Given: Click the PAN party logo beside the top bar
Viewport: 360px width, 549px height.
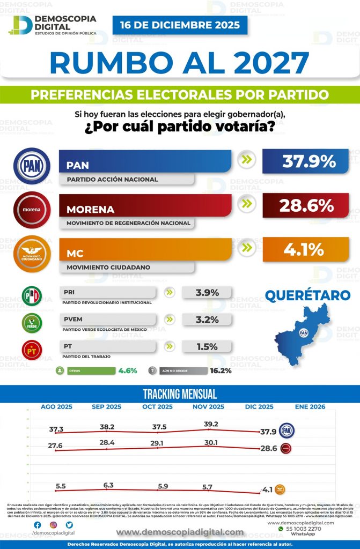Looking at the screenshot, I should coord(32,166).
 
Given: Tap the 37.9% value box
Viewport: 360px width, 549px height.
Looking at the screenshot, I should coord(305,161).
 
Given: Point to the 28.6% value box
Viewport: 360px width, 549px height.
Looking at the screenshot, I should coord(305,205).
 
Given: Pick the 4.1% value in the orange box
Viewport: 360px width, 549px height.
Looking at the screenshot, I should coord(305,249).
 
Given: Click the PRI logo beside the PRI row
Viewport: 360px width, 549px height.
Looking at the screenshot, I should coord(31,296).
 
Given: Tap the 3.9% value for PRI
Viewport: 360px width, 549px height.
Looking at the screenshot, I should coord(207,293).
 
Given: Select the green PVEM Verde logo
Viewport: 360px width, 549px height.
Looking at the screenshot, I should coord(31,323).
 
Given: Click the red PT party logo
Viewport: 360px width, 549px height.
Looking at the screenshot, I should coord(31,350).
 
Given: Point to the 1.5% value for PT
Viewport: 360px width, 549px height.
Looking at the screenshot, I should coord(207,347).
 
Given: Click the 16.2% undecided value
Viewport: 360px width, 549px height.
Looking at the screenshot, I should coord(221,370).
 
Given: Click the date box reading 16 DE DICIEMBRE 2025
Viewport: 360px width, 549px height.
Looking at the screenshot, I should coord(180,25).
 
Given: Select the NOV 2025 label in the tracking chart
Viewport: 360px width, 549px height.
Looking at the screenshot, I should coord(208,407).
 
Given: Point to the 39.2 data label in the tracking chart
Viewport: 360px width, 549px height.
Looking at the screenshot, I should coord(211,424).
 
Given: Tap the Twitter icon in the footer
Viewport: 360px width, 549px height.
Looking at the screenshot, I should coord(69,525).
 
